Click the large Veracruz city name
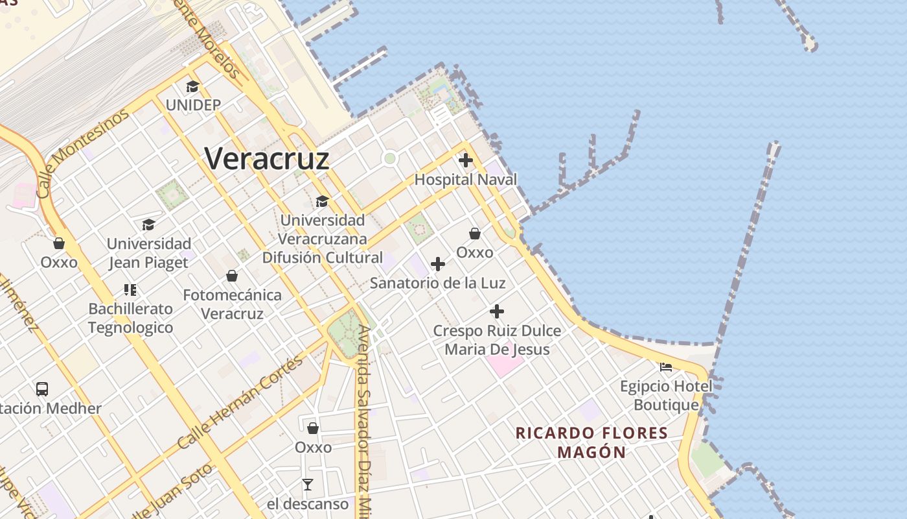pyautogui.click(x=267, y=158)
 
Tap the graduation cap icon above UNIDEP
pyautogui.click(x=192, y=87)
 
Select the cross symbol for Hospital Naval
pyautogui.click(x=465, y=160)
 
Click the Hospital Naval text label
pyautogui.click(x=466, y=180)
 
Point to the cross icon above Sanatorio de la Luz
pyautogui.click(x=438, y=264)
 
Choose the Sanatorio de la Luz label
pyautogui.click(x=437, y=284)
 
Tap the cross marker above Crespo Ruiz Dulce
pyautogui.click(x=497, y=312)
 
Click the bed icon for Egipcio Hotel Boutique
pyautogui.click(x=665, y=367)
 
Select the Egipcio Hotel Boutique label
pyautogui.click(x=666, y=396)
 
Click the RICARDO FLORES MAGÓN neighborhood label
pyautogui.click(x=591, y=442)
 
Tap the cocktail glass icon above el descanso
pyautogui.click(x=308, y=485)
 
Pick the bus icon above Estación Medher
pyautogui.click(x=42, y=389)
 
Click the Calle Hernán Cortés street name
pyautogui.click(x=240, y=402)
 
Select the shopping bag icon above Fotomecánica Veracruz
pyautogui.click(x=232, y=276)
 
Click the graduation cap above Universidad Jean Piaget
pyautogui.click(x=148, y=225)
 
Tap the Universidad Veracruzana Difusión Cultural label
pyautogui.click(x=322, y=239)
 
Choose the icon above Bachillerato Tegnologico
pyautogui.click(x=130, y=290)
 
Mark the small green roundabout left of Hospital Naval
pyautogui.click(x=389, y=158)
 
